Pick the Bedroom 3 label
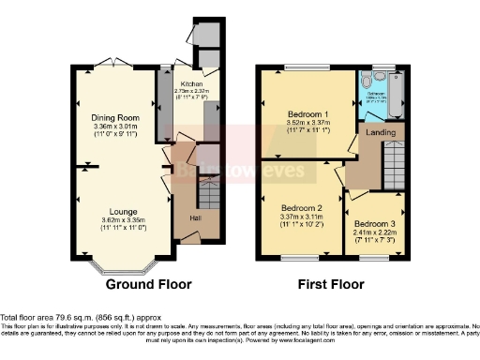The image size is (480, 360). click(375, 224)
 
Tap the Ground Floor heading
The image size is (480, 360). click(148, 284)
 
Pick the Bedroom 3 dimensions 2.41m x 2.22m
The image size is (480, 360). click(375, 233)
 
